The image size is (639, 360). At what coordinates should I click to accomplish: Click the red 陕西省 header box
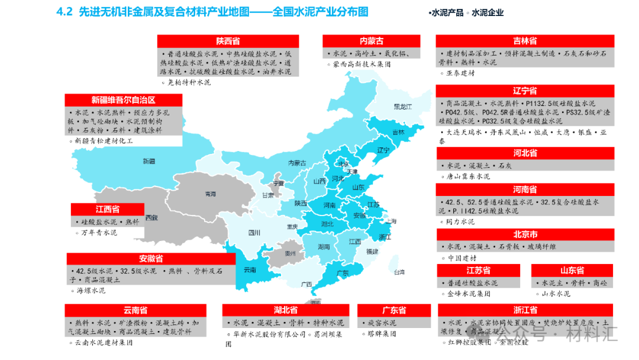click(x=228, y=41)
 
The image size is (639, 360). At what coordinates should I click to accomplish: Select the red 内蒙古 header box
click(x=372, y=41)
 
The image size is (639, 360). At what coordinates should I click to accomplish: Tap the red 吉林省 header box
click(x=524, y=41)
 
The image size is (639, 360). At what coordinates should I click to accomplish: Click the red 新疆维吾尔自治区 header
click(x=123, y=100)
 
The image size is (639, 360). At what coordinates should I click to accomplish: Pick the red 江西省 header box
click(x=108, y=209)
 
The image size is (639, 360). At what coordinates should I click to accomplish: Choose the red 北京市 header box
click(x=525, y=234)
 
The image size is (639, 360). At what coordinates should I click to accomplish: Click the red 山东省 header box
click(x=572, y=271)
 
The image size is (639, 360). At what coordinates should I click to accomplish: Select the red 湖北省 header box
click(x=285, y=310)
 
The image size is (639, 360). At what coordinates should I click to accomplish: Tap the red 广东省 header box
click(x=393, y=310)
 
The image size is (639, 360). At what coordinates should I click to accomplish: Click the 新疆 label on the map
click(x=149, y=161)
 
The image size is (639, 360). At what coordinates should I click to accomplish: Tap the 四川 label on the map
click(x=254, y=233)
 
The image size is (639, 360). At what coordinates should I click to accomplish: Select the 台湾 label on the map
click(x=399, y=272)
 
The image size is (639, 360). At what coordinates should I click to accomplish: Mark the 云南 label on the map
click(x=250, y=270)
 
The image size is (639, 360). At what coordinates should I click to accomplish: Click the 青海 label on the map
click(x=210, y=194)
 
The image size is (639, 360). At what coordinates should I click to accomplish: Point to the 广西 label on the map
click(x=306, y=284)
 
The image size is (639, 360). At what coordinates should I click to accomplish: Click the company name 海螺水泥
click(x=91, y=291)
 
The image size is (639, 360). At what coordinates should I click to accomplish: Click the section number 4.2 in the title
click(x=63, y=12)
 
